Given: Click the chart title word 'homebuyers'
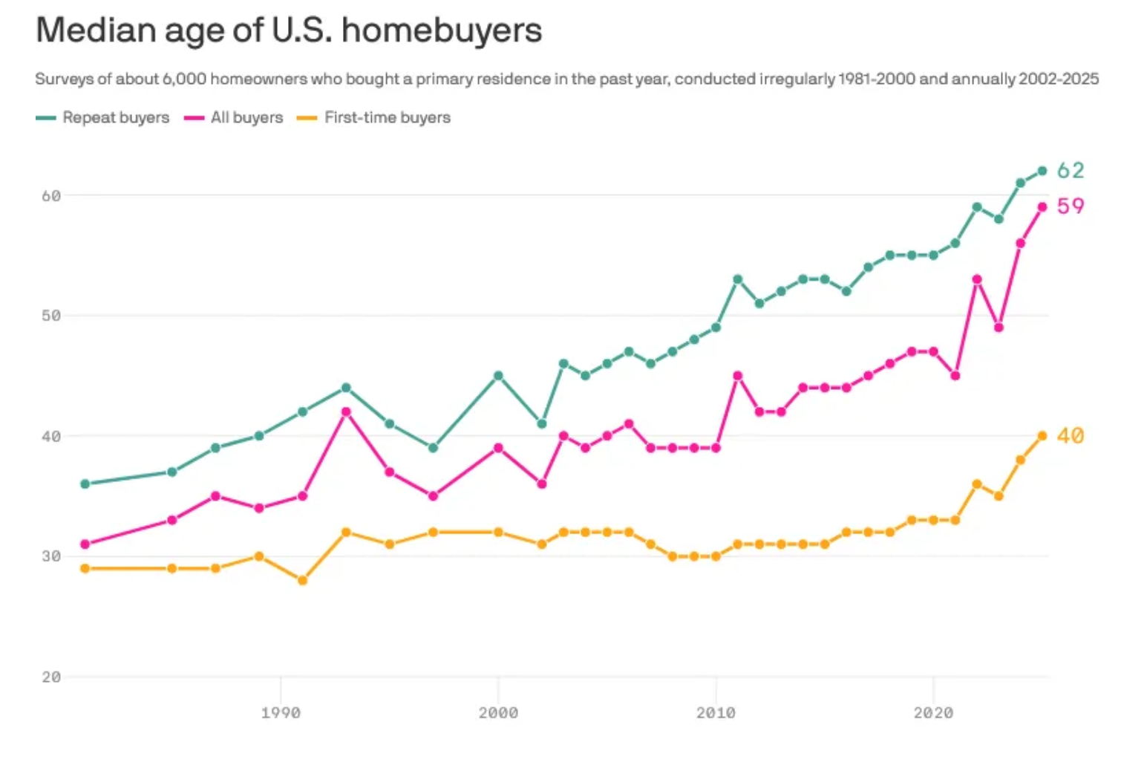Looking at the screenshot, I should point(442,30).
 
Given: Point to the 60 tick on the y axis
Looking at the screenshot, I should point(51,196).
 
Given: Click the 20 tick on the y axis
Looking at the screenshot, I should point(51,677).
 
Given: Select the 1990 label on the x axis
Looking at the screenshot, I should point(281,713).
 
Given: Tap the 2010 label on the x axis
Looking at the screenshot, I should point(716,713).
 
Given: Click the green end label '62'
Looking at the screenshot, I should point(1071,171).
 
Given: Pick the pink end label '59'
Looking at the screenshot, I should point(1071,206).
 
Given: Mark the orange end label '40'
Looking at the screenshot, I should point(1071,435).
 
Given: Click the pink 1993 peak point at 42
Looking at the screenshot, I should point(346,411).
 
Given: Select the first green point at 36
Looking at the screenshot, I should point(85,484).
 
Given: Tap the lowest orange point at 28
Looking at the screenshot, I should point(302,580).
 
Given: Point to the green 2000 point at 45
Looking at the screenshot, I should point(498,376).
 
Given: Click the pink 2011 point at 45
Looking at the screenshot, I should point(737,376).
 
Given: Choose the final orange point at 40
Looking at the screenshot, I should point(1042,436).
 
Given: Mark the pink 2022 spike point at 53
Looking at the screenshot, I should point(977,279).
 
